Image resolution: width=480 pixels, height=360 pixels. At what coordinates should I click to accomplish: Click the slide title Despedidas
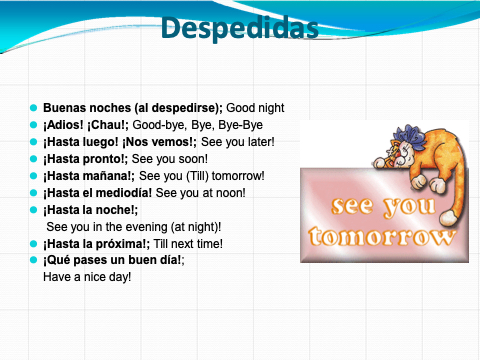tap(240, 28)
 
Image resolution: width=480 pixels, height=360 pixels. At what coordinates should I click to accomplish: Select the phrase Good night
tap(255, 108)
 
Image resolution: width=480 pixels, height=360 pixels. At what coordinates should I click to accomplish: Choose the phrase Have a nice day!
tap(87, 277)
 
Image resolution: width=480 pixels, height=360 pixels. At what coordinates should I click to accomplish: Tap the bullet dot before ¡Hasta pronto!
tap(33, 159)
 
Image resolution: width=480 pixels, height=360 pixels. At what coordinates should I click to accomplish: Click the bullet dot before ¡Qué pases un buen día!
tap(33, 260)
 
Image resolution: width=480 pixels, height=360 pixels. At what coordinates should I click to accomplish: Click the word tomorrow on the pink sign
tap(381, 237)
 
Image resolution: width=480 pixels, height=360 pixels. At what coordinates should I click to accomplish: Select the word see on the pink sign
tap(352, 206)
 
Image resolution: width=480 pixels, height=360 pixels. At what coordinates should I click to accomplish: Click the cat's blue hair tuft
tap(409, 136)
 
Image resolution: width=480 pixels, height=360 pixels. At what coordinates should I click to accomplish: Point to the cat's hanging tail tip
tap(448, 217)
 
